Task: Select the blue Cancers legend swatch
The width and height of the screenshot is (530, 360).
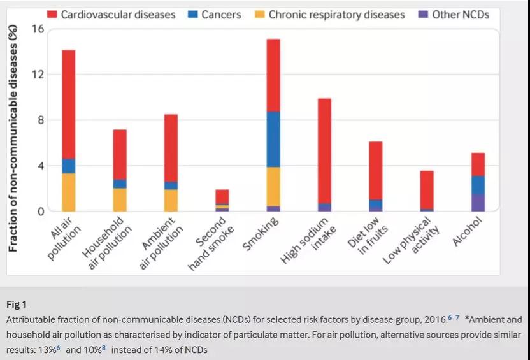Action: point(189,14)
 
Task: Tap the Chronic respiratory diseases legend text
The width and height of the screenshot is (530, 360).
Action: point(336,14)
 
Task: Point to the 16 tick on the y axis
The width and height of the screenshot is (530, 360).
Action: point(37,29)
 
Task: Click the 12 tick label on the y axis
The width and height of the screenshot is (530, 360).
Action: point(37,75)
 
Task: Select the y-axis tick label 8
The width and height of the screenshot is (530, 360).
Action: point(39,120)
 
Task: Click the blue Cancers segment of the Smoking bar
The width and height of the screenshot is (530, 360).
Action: point(273,139)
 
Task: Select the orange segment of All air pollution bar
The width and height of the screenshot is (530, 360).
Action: point(69,192)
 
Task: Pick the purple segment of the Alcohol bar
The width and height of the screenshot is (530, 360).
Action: point(478,203)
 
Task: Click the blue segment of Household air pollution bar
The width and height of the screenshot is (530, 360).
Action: point(120,184)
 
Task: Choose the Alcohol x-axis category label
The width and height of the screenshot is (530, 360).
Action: point(468,230)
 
